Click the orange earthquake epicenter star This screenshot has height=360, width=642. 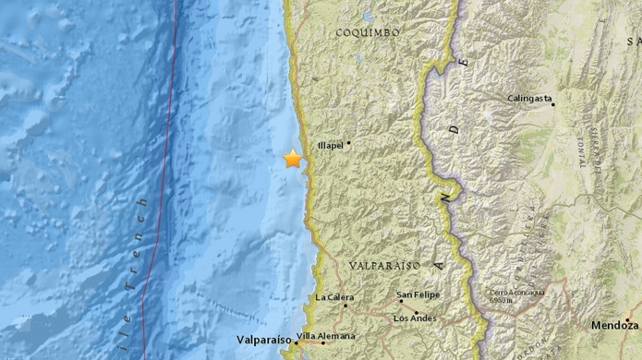[x=293, y=159]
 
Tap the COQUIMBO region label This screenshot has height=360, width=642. [x=367, y=31]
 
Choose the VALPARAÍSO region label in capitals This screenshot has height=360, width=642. [x=384, y=265]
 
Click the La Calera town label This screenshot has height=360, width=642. [x=334, y=297]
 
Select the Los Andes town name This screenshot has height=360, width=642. [x=414, y=319]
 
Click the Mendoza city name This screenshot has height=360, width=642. [x=615, y=325]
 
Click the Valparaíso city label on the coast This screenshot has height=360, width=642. [x=262, y=339]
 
